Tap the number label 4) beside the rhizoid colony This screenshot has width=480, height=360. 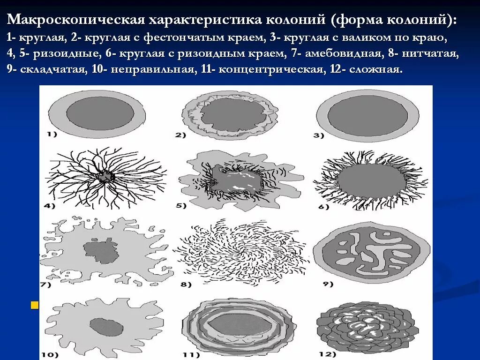click(x=49, y=205)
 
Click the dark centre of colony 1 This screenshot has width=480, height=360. click(x=100, y=112)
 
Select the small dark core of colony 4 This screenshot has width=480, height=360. click(x=106, y=177)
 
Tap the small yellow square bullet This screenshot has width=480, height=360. click(x=34, y=306)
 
